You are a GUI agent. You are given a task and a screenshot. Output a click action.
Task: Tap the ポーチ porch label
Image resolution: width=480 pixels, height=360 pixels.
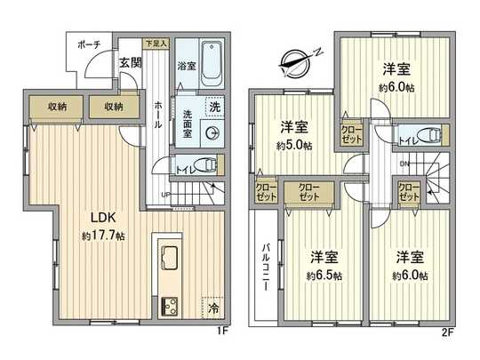coord(88,45)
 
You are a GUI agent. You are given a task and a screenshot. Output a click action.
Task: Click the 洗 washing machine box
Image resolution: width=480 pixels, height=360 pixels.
coord(213,107)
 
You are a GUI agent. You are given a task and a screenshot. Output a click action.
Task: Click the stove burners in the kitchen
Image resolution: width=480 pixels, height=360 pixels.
coord(169,306)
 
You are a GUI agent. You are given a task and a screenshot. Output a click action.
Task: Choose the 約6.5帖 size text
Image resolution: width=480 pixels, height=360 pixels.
coord(326,276)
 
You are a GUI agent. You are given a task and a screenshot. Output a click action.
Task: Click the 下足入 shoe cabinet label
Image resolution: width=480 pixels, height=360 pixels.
coord(156,42)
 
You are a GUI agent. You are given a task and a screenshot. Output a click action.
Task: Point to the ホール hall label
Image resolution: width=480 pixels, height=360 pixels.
coord(158,114)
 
